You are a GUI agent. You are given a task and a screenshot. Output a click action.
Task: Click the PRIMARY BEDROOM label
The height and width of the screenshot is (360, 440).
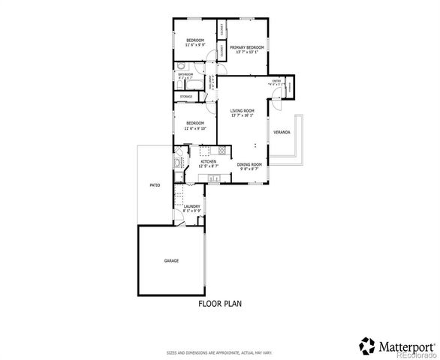(x=246, y=48)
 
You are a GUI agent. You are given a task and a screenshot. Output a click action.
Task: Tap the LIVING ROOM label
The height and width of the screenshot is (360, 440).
(x=243, y=111)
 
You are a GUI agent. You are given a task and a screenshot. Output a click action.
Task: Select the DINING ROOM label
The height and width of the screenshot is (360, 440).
(x=249, y=164)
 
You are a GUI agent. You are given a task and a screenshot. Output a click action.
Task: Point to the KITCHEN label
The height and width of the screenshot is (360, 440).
(x=208, y=161)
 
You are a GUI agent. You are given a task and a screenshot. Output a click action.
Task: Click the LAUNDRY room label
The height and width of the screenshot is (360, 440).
(x=192, y=206)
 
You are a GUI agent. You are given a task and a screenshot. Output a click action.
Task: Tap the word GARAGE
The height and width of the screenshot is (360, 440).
(x=171, y=260)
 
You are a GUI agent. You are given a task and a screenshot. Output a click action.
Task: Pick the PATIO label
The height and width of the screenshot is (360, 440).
(x=155, y=184)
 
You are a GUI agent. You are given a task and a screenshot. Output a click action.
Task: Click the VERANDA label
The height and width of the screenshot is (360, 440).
(x=282, y=132)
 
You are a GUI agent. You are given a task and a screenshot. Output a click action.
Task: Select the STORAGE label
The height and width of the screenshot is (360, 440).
(x=185, y=97)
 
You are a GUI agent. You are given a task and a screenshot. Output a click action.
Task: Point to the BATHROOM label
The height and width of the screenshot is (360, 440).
(x=185, y=74)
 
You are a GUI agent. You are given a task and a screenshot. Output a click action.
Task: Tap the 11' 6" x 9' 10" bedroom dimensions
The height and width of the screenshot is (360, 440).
(x=195, y=127)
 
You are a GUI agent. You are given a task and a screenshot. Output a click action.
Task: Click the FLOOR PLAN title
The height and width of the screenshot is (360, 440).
(x=219, y=304)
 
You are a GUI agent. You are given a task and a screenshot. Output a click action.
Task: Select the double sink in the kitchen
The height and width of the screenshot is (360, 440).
(x=212, y=178)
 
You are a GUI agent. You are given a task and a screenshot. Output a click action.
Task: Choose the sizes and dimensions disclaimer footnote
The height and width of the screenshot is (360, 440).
(x=219, y=351)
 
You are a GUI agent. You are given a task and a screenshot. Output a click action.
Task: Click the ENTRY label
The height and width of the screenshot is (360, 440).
(x=276, y=81)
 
